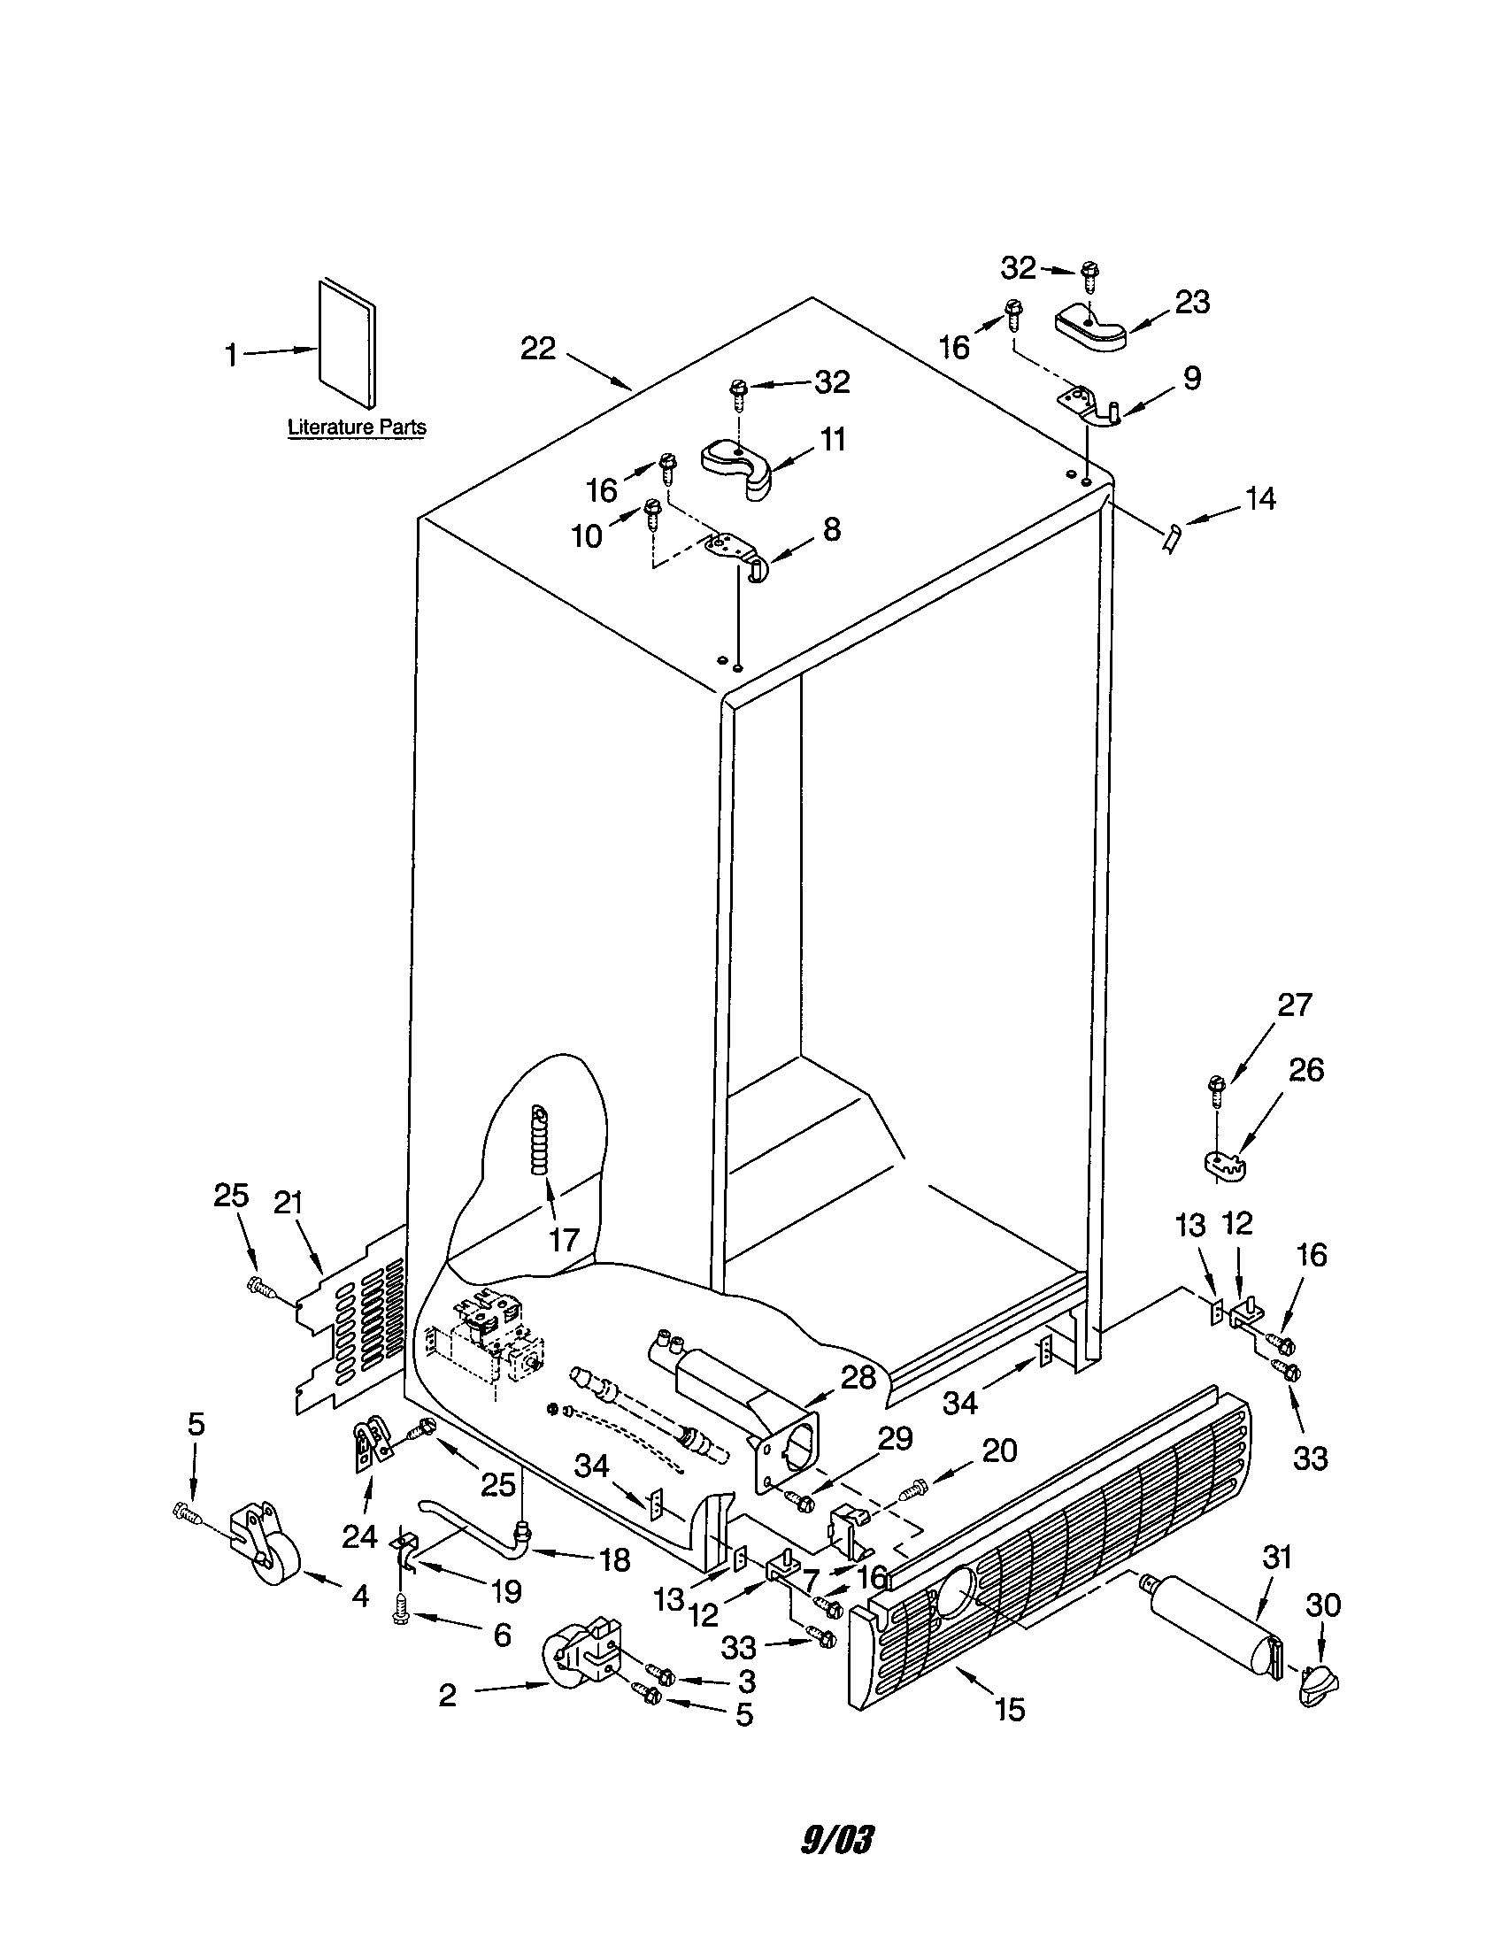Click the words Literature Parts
coord(357,427)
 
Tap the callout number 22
coord(538,349)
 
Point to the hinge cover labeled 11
coord(737,466)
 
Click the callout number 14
coord(1260,498)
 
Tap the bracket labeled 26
coord(1224,1163)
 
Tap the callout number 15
coord(1010,1709)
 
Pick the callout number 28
coord(859,1377)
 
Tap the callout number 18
coord(616,1559)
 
